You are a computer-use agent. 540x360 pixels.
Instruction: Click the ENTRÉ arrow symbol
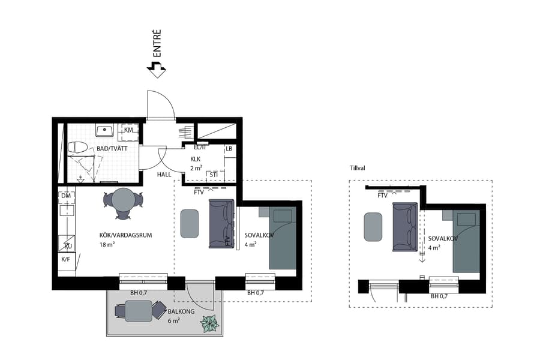click(156, 70)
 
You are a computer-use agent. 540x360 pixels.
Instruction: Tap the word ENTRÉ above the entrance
click(157, 43)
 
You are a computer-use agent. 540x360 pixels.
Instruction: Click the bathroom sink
click(106, 130)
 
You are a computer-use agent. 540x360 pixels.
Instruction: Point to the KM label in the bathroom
click(128, 130)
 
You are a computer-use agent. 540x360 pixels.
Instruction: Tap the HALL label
click(164, 175)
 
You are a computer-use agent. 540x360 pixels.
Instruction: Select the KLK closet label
click(196, 159)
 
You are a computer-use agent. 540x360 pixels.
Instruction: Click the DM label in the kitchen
click(66, 196)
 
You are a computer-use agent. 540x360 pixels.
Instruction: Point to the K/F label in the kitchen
click(66, 259)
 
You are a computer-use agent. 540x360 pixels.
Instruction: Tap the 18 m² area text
click(107, 245)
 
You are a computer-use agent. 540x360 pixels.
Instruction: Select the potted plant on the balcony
click(210, 323)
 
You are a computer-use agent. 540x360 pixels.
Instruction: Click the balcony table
click(139, 311)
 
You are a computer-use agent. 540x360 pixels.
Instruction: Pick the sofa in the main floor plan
click(220, 224)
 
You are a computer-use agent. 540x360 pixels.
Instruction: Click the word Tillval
click(359, 169)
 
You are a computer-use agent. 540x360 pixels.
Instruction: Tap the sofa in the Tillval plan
click(404, 227)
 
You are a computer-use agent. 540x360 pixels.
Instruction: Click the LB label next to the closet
click(229, 149)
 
